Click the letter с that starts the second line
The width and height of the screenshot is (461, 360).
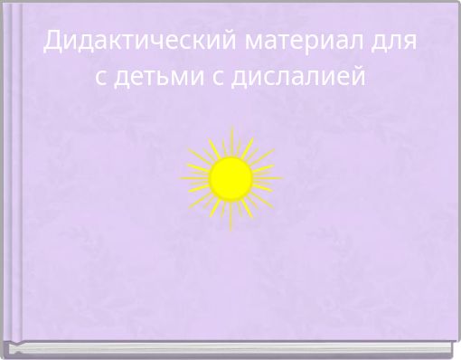click(101, 79)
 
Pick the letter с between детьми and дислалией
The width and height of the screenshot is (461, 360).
click(217, 79)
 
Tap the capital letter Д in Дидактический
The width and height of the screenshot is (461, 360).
click(54, 42)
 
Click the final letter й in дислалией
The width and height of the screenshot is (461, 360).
click(362, 77)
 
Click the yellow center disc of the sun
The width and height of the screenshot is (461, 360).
click(231, 177)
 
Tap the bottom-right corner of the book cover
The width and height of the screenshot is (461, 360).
click(451, 347)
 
